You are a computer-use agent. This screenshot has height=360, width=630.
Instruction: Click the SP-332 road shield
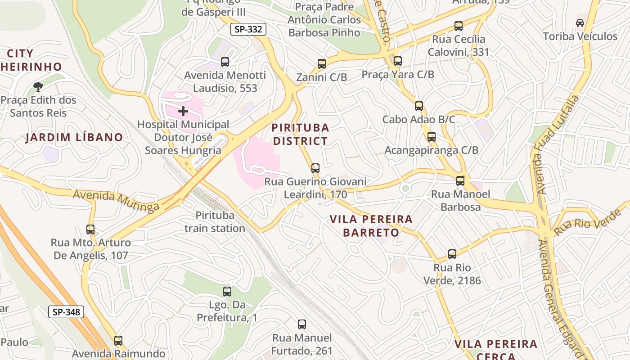click(x=248, y=30)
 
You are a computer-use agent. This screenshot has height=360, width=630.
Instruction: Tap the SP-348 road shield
click(x=66, y=311)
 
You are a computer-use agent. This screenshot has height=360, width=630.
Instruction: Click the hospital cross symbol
click(x=183, y=111)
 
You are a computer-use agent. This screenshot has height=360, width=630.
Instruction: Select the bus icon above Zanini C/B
click(x=321, y=64)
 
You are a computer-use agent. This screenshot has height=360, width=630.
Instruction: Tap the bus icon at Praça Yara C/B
click(x=397, y=61)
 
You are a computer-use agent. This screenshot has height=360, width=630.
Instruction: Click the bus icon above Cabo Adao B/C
click(x=419, y=106)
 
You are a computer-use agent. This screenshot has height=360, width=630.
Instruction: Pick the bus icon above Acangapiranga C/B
click(x=432, y=137)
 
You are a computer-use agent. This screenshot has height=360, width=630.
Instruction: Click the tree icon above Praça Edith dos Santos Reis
click(x=38, y=86)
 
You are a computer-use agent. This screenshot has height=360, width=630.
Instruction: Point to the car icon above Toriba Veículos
click(x=580, y=23)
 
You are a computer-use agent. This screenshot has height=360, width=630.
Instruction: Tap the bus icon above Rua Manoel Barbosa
click(x=460, y=181)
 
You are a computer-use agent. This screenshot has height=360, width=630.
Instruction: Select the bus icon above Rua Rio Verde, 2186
click(x=452, y=254)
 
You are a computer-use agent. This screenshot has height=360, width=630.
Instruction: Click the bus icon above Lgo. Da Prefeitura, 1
click(x=227, y=292)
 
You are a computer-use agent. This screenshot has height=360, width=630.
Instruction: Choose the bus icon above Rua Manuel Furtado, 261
click(x=302, y=324)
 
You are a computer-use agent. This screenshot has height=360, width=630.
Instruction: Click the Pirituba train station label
click(x=215, y=222)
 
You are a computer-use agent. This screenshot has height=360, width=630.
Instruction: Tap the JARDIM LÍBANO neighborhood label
click(x=74, y=137)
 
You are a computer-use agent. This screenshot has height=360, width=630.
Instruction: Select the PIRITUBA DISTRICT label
click(x=301, y=135)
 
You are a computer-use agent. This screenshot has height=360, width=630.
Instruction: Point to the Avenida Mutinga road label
click(x=116, y=200)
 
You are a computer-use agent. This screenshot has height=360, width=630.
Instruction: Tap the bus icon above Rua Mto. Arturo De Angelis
click(x=90, y=229)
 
